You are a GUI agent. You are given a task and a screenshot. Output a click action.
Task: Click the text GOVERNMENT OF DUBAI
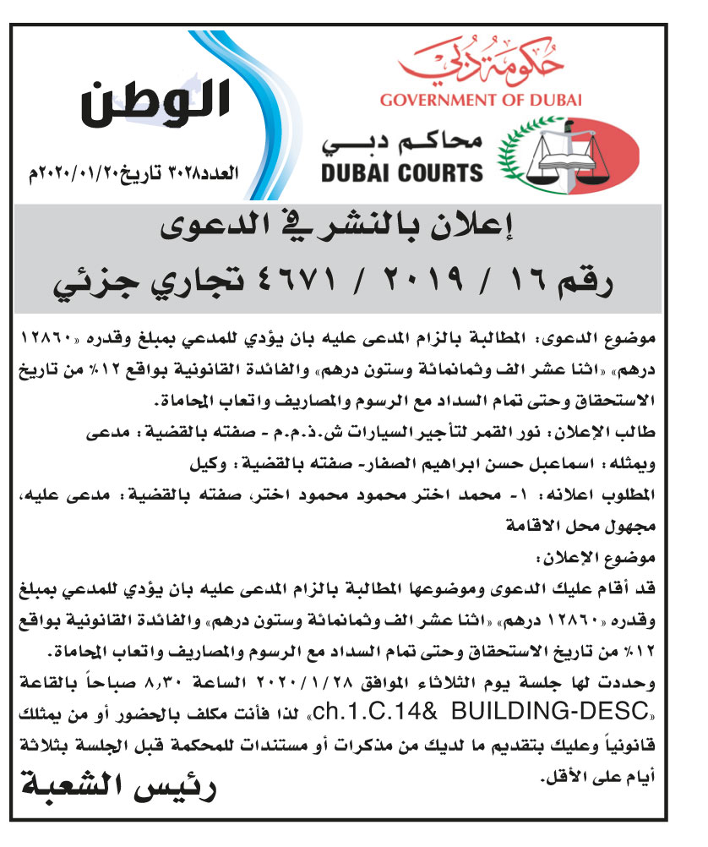pyautogui.click(x=481, y=101)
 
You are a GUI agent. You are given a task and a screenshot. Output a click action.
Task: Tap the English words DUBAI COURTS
pyautogui.click(x=401, y=173)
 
